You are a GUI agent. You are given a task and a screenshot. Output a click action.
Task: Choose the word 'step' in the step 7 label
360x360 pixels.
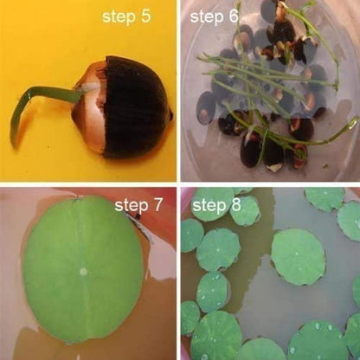[x=132, y=206]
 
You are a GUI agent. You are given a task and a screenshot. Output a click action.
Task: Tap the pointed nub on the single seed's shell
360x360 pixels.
[x=171, y=114]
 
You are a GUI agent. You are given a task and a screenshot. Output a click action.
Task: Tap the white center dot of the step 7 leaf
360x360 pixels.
[x=83, y=271]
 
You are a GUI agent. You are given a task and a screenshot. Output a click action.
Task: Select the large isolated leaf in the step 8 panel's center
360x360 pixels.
[x=298, y=256]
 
